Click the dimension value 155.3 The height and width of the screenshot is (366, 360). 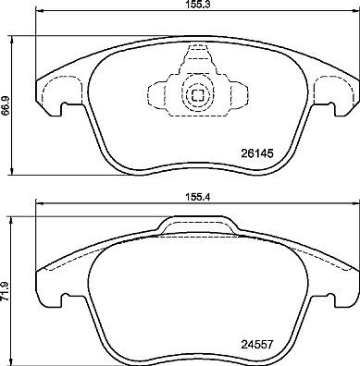click(x=198, y=4)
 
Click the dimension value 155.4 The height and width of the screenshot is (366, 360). click(x=198, y=197)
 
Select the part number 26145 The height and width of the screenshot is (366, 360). click(x=256, y=153)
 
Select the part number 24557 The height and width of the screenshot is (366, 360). click(x=256, y=344)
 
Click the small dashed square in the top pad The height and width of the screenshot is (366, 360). click(x=197, y=94)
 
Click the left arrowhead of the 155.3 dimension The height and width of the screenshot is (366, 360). click(x=40, y=12)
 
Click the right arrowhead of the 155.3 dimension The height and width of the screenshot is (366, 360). click(x=355, y=12)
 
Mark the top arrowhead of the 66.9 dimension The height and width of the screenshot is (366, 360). click(x=12, y=40)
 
